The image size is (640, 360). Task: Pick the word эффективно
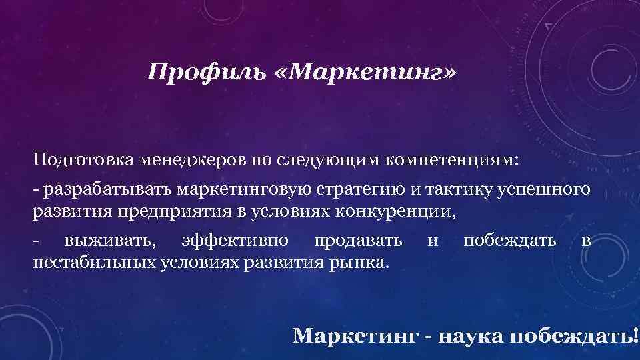pyautogui.click(x=234, y=241)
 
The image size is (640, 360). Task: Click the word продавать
pyautogui.click(x=357, y=241)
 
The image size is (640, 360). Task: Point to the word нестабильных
pyautogui.click(x=94, y=262)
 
